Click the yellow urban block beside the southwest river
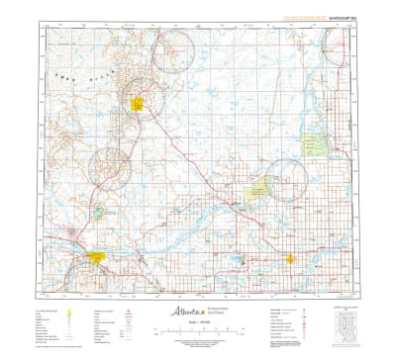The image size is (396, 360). (x=96, y=256)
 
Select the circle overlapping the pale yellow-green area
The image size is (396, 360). (x=286, y=179)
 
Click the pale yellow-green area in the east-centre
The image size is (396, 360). (x=259, y=186)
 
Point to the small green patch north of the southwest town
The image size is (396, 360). (x=99, y=212)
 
